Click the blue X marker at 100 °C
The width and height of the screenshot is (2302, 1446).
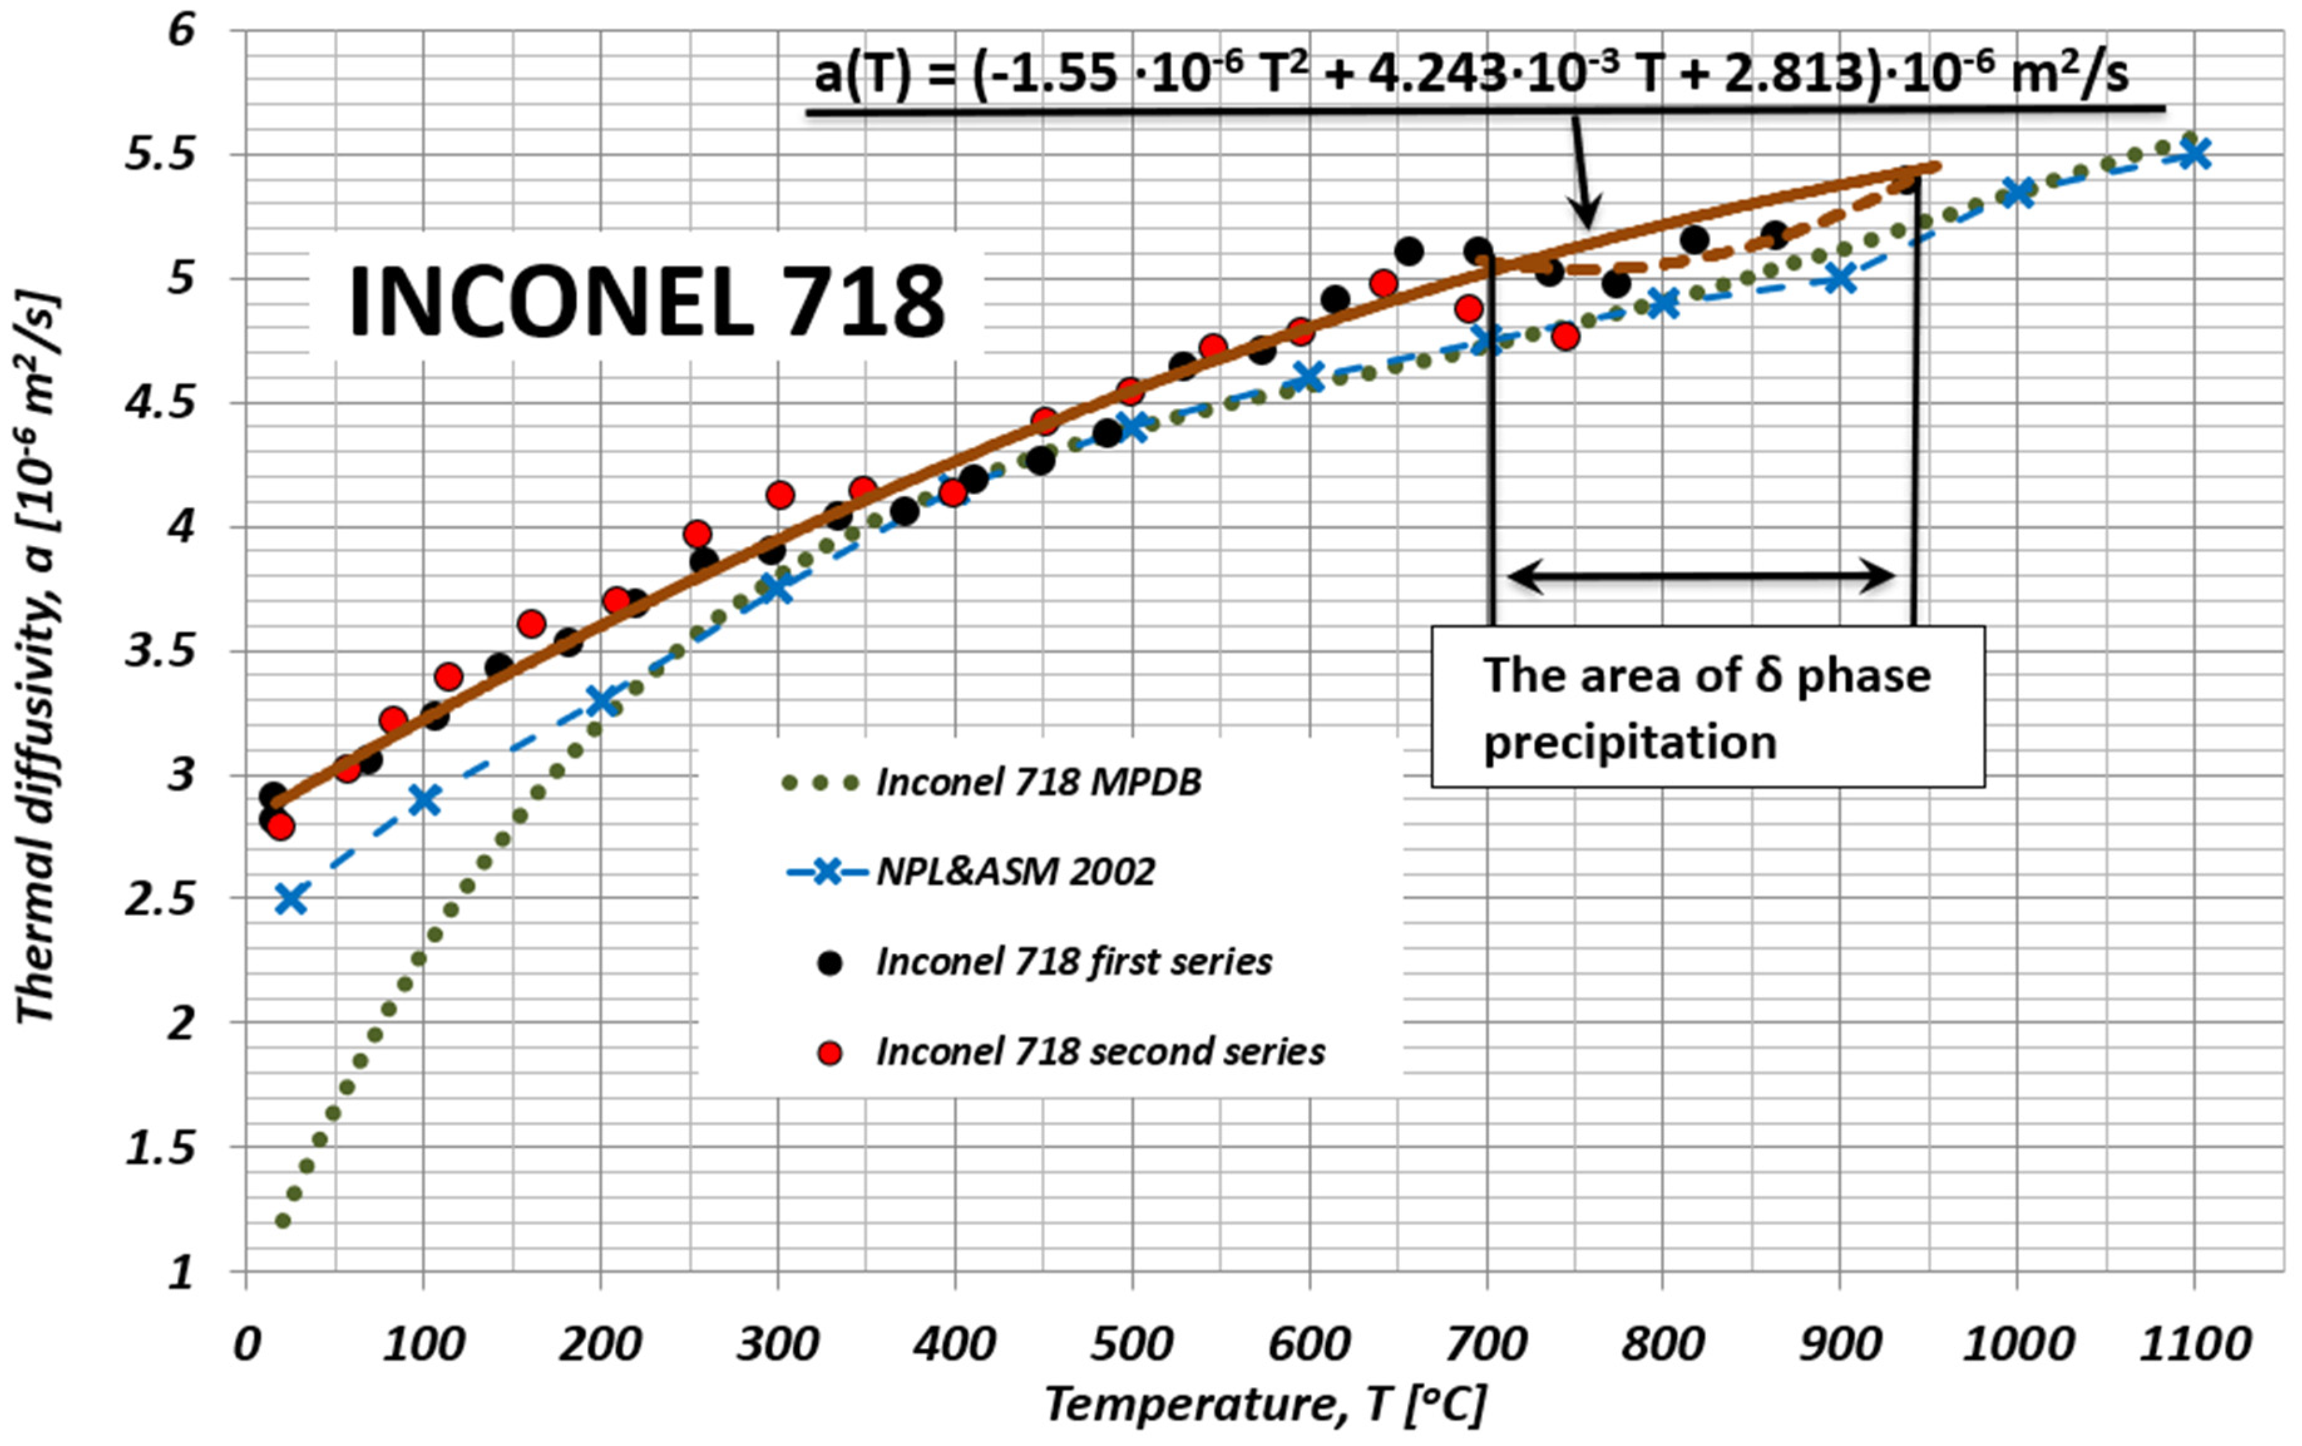tap(424, 801)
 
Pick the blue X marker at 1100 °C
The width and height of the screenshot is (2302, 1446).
tap(2194, 153)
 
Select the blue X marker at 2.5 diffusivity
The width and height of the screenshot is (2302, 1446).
tap(291, 899)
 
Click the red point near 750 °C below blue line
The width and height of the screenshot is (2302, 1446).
tap(1565, 335)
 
